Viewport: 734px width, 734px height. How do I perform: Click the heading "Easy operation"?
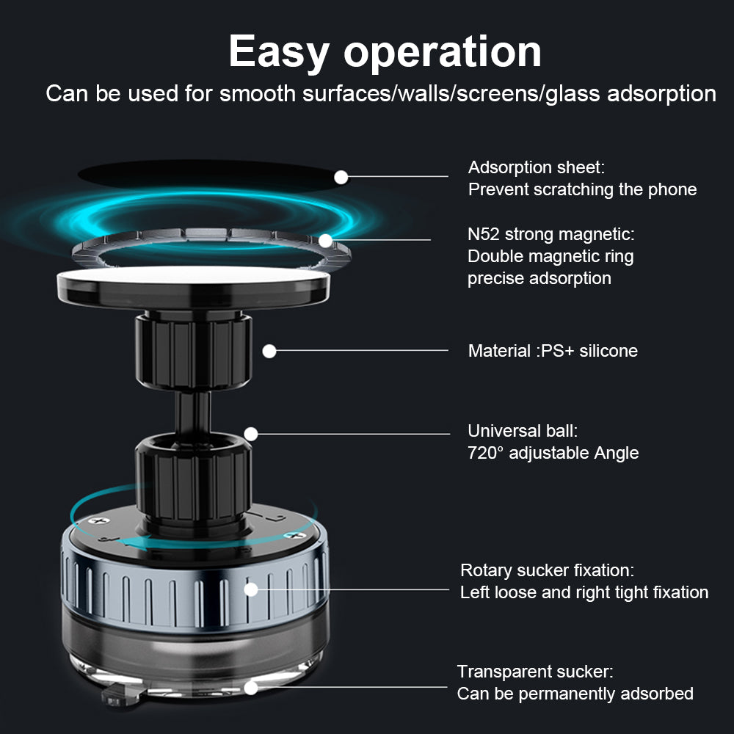tap(385, 51)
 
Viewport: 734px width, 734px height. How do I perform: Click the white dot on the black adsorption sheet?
tap(341, 176)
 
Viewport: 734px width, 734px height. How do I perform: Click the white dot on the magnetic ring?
tap(325, 240)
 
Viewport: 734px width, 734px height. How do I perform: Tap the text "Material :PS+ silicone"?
tap(553, 351)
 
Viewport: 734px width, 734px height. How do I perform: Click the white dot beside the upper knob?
tap(269, 351)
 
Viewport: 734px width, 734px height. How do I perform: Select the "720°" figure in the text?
tap(485, 453)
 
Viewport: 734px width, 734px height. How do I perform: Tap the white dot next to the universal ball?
tap(251, 434)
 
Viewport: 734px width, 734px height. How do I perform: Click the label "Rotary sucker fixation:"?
tap(547, 570)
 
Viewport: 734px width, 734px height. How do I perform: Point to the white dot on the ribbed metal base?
tap(251, 589)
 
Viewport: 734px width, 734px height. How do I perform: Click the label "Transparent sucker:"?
tap(534, 672)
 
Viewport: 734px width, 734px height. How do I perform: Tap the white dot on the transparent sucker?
tap(251, 688)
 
